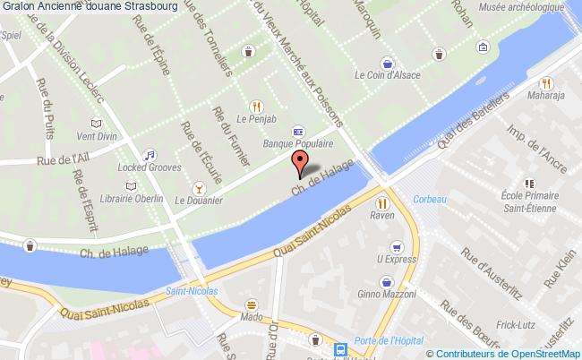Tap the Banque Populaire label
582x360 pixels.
[x=297, y=142]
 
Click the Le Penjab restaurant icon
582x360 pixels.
[x=257, y=104]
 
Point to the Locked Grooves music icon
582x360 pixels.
[x=150, y=153]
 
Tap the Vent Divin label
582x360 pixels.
[x=97, y=137]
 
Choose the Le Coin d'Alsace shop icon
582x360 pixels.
[x=387, y=64]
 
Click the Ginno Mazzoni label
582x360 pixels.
[x=386, y=294]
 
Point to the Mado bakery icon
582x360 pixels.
[x=252, y=303]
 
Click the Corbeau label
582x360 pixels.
[x=429, y=199]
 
